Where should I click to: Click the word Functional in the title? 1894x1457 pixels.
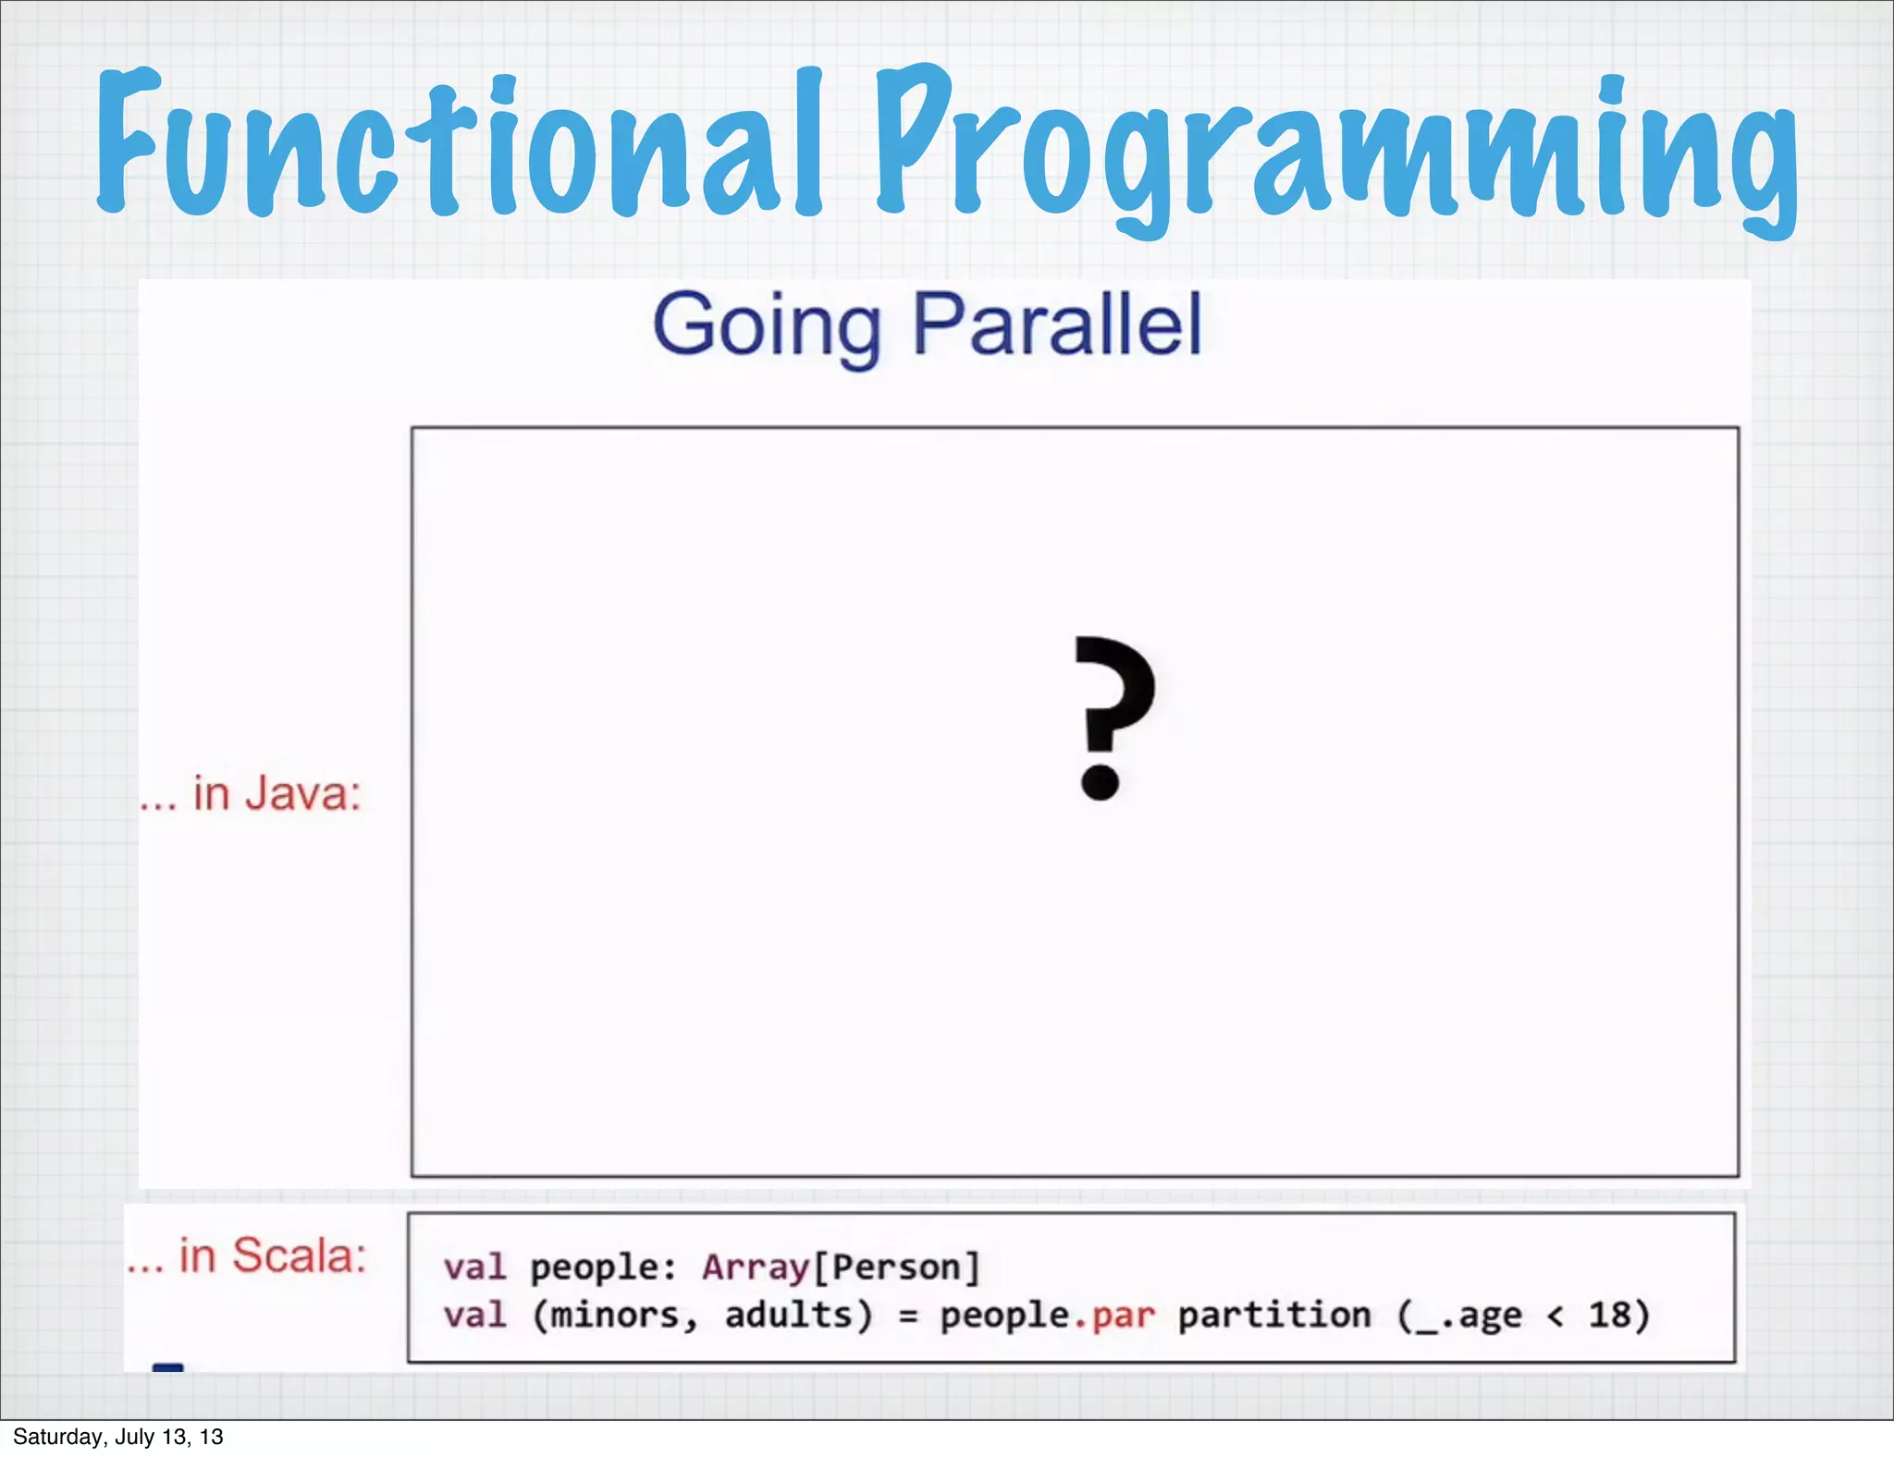click(x=458, y=148)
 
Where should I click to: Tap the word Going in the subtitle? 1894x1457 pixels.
click(x=767, y=326)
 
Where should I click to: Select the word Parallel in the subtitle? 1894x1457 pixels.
click(x=1056, y=324)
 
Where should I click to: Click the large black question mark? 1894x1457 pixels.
click(x=1113, y=716)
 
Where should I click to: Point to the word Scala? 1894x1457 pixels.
click(x=298, y=1255)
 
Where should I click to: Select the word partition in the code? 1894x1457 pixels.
click(x=1273, y=1315)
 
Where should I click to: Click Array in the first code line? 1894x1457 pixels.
click(x=756, y=1267)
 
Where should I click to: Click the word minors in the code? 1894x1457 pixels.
click(x=615, y=1315)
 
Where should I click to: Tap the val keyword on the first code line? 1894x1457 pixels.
click(x=474, y=1267)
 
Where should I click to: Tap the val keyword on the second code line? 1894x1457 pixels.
click(x=474, y=1315)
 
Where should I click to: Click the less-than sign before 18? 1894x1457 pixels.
click(x=1556, y=1316)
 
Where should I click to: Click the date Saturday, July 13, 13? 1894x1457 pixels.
click(x=118, y=1437)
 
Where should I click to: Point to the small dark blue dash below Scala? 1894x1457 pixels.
click(x=167, y=1366)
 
